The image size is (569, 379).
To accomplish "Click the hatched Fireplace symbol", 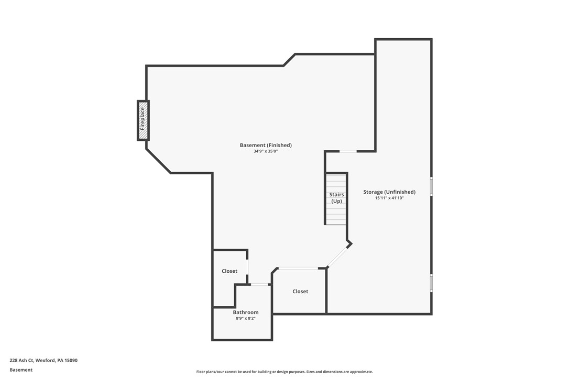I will [x=143, y=120].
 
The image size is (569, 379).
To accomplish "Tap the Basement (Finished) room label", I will [x=266, y=145].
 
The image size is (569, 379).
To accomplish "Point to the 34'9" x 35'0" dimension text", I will [x=266, y=151].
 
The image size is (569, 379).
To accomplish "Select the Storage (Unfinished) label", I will [x=389, y=192].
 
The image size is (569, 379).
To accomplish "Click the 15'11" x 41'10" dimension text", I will [x=389, y=198].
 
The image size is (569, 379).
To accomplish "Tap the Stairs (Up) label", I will [x=336, y=197].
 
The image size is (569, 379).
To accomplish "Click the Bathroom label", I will [x=246, y=312].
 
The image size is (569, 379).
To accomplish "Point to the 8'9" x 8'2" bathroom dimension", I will [x=246, y=318].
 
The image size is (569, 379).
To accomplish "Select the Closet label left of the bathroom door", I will [x=229, y=271].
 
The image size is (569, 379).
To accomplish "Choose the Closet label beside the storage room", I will [x=300, y=291].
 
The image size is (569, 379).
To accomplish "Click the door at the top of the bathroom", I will [x=259, y=284].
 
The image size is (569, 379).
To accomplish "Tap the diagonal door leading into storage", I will [x=338, y=257].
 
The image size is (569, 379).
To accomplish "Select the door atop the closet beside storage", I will [x=298, y=269].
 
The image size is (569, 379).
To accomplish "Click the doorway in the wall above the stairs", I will [x=348, y=151].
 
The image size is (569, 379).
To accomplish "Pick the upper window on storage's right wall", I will [x=431, y=186].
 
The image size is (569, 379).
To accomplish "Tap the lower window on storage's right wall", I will [x=431, y=283].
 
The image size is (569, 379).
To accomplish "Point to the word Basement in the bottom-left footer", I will [x=21, y=370].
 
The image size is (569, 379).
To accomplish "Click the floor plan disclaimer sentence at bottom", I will [x=284, y=372].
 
